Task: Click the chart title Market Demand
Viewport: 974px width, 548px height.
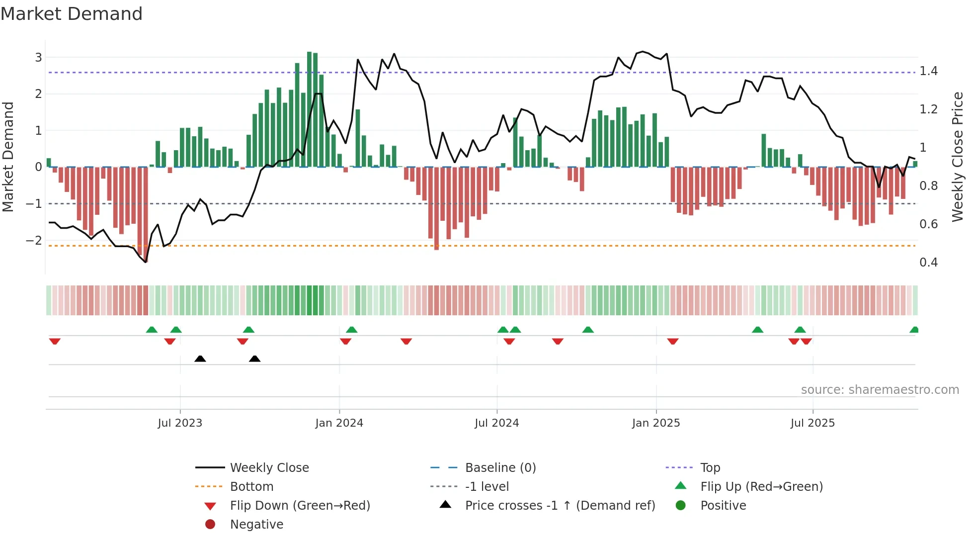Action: point(72,14)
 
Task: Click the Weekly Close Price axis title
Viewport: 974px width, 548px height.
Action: point(957,157)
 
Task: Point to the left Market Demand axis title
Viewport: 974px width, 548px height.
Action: point(8,157)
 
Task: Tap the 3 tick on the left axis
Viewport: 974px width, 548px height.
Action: point(38,57)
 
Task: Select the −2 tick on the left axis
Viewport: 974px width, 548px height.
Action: point(34,240)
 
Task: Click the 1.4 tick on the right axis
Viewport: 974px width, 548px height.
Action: point(928,71)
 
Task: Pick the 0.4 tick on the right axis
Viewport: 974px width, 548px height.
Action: point(928,262)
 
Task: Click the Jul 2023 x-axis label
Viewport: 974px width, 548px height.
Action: point(180,423)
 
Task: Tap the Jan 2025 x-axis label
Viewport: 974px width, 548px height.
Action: point(656,423)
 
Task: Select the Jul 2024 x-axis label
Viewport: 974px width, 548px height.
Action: point(496,423)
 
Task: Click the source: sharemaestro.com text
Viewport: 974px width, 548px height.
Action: point(880,389)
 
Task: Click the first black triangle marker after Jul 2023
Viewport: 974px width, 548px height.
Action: point(200,359)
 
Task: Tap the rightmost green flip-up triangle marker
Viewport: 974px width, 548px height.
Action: point(914,330)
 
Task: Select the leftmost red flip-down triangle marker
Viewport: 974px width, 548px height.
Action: point(55,341)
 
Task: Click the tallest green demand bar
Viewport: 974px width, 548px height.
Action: point(309,109)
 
